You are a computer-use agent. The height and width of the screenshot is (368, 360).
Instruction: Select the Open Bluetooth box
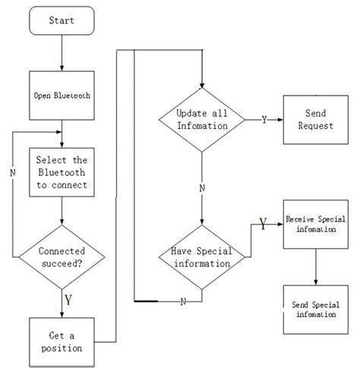tap(62, 96)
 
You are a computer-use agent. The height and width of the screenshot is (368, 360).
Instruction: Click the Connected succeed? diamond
tap(62, 256)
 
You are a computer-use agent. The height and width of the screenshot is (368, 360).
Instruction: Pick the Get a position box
tap(62, 341)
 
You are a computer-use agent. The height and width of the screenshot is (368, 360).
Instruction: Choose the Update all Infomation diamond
tap(202, 119)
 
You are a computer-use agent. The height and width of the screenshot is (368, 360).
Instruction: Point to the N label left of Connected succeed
tap(12, 172)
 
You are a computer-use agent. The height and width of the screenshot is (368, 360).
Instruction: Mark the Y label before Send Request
tap(264, 120)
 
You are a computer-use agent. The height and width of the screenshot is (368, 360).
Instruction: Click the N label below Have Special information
tap(183, 302)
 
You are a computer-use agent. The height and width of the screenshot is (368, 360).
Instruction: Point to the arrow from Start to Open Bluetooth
tap(62, 53)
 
